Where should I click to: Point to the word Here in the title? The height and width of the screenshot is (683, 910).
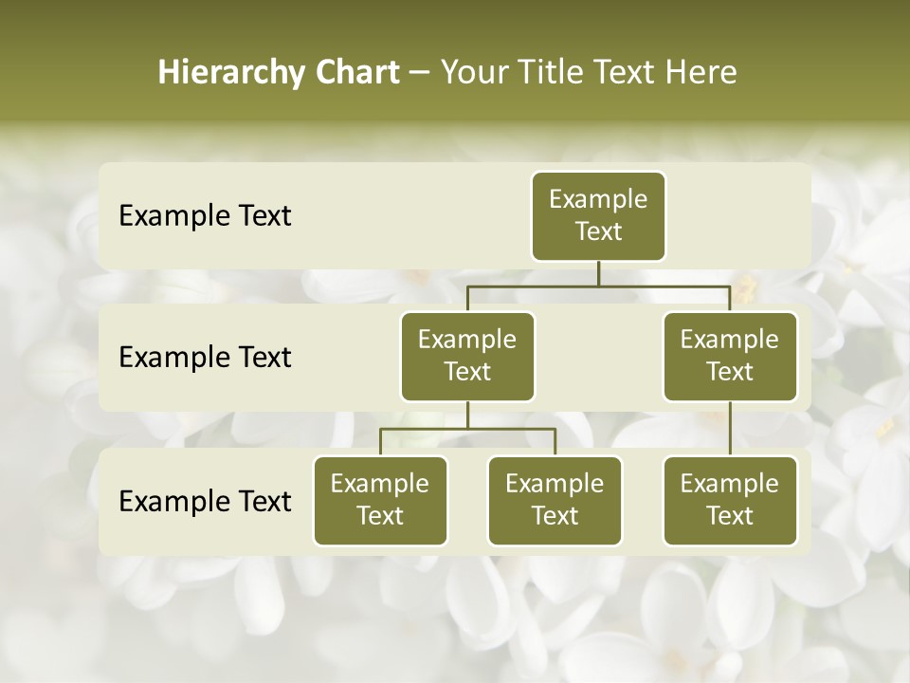[x=701, y=72]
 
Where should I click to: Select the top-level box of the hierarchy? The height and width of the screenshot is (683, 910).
[x=598, y=216]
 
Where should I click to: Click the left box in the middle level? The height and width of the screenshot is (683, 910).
[x=467, y=357]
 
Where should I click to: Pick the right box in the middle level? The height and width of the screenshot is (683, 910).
[x=730, y=357]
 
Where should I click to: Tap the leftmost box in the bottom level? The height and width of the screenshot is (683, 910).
[x=380, y=501]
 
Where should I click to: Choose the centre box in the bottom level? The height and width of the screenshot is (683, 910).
[x=555, y=501]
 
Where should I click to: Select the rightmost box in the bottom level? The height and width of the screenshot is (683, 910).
[x=730, y=501]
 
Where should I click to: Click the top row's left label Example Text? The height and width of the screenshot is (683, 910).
[x=205, y=216]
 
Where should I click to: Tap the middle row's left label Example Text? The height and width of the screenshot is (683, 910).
[x=205, y=358]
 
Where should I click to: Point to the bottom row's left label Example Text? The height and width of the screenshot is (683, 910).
[x=205, y=501]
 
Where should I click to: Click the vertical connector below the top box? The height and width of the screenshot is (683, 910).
[x=598, y=273]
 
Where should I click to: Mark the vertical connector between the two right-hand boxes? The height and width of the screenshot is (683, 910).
[x=730, y=429]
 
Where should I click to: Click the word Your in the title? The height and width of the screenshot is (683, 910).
[x=470, y=72]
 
